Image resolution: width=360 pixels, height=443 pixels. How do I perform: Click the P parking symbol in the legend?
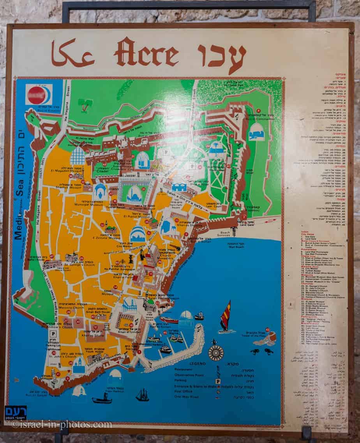218,381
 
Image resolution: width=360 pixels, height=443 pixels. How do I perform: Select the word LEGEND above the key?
198,363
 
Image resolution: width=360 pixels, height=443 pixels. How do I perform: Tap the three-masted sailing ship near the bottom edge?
142,395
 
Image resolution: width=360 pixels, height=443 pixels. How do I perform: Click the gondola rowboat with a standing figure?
102,398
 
